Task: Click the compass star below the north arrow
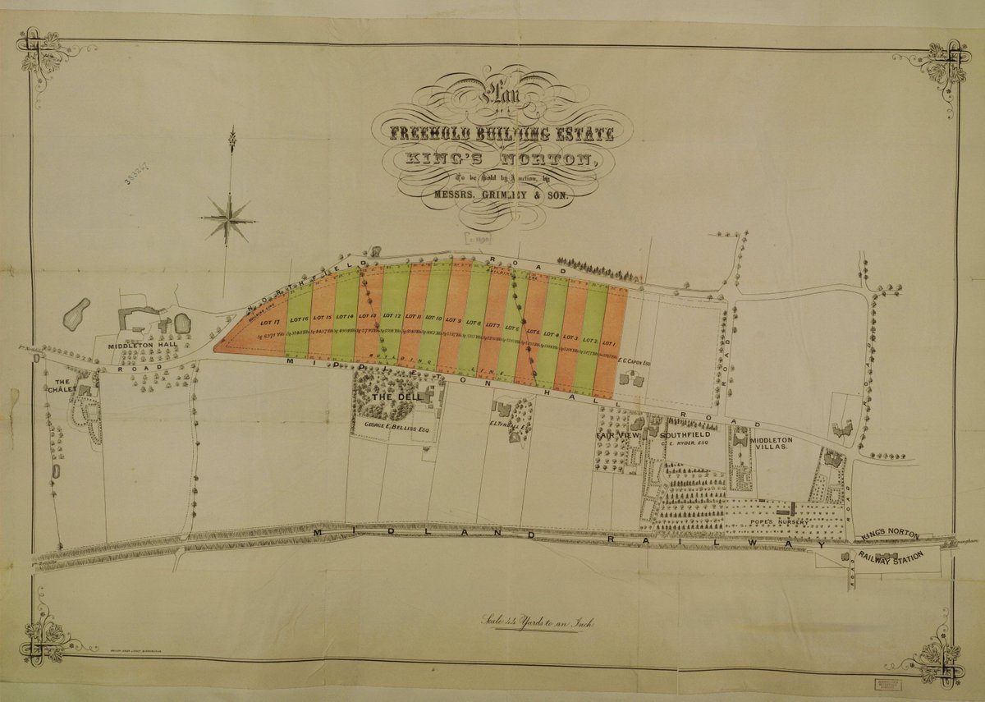point(227,217)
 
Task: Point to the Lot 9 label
point(453,321)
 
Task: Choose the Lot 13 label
point(368,316)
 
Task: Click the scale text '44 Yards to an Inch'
point(542,622)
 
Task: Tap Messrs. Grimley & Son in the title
point(492,197)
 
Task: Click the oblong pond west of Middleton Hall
point(76,311)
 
